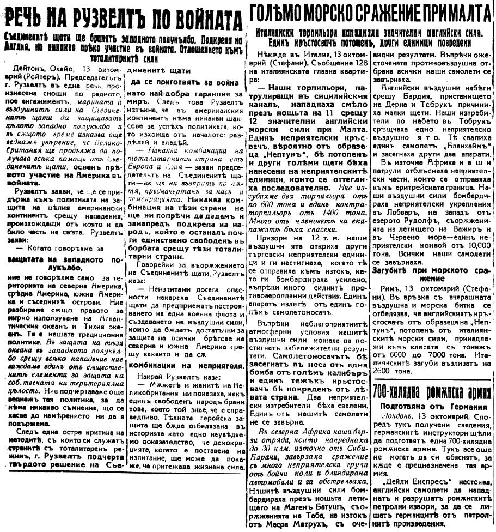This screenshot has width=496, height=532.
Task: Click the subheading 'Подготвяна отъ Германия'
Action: click(433, 406)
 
